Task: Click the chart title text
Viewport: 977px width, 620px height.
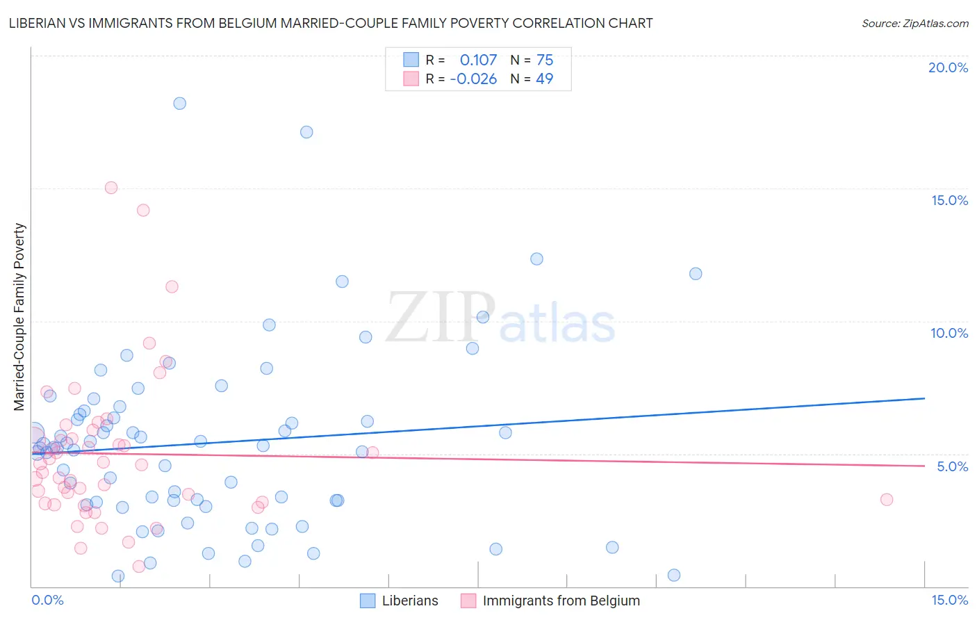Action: pyautogui.click(x=331, y=23)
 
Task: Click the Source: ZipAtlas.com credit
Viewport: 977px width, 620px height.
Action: pyautogui.click(x=914, y=23)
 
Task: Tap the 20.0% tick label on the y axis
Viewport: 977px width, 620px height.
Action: pyautogui.click(x=948, y=67)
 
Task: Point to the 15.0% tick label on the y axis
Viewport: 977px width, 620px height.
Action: pyautogui.click(x=949, y=200)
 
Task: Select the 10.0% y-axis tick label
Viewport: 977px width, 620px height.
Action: pyautogui.click(x=949, y=333)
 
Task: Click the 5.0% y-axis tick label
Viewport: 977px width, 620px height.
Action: pyautogui.click(x=952, y=466)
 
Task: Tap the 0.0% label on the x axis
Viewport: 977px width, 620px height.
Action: pyautogui.click(x=47, y=600)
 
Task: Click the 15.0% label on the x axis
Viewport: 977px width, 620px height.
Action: pyautogui.click(x=949, y=600)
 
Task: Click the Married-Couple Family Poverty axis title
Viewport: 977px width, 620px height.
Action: pyautogui.click(x=19, y=317)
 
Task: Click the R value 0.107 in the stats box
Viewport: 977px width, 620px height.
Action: pyautogui.click(x=478, y=60)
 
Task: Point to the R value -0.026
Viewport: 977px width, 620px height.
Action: pyautogui.click(x=473, y=79)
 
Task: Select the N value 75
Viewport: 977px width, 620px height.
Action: pyautogui.click(x=545, y=60)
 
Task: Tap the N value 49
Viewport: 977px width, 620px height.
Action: pyautogui.click(x=545, y=79)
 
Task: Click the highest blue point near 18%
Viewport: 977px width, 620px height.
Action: pyautogui.click(x=179, y=104)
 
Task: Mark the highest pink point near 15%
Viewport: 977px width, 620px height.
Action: pyautogui.click(x=111, y=188)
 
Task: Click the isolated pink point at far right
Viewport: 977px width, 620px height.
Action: pyautogui.click(x=886, y=500)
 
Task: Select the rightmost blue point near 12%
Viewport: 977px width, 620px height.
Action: pyautogui.click(x=696, y=274)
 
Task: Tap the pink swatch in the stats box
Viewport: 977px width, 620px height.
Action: pyautogui.click(x=411, y=79)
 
